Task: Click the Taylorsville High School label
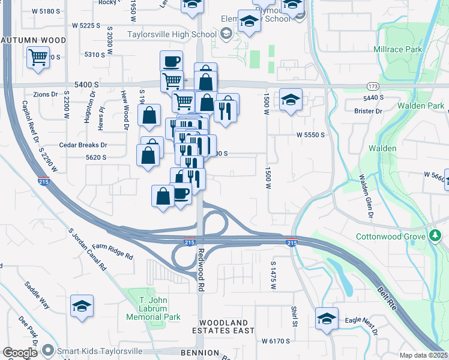[171, 34]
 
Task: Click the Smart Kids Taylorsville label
[100, 350]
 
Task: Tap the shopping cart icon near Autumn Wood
[38, 58]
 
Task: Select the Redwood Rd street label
[201, 270]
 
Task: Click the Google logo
[19, 353]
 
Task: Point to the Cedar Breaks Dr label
[83, 145]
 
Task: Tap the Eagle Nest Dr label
[361, 325]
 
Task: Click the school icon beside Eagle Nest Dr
[327, 318]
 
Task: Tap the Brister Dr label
[368, 111]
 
